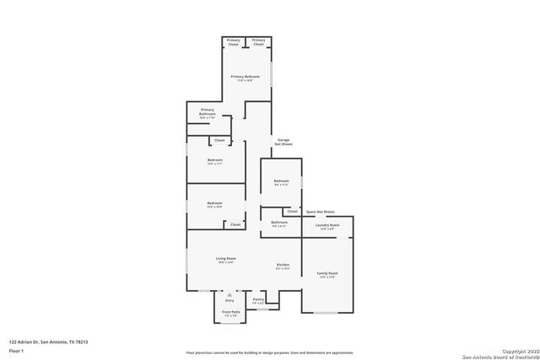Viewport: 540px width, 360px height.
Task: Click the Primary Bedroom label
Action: [x=245, y=78]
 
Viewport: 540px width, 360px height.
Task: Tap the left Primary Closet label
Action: [x=234, y=41]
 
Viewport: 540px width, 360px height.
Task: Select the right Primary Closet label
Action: [x=259, y=41]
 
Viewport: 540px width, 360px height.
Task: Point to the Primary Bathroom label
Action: [x=208, y=111]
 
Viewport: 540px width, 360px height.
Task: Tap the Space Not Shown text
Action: [x=320, y=212]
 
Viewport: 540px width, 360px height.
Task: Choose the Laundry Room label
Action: [x=327, y=225]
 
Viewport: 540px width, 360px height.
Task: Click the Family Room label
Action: [x=327, y=274]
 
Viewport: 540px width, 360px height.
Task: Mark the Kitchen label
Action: [x=283, y=266]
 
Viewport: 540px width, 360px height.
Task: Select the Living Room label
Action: [x=226, y=260]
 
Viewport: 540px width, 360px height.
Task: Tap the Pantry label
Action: [x=258, y=299]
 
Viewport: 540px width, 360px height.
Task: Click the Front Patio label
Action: [x=230, y=313]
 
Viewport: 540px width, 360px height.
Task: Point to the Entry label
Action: [x=229, y=299]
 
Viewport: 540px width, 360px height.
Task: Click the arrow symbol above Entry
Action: [x=229, y=293]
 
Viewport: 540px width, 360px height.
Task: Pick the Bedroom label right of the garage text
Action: [x=281, y=182]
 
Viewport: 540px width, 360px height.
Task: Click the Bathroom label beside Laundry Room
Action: [x=279, y=223]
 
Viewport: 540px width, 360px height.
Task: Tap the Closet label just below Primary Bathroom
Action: [x=219, y=140]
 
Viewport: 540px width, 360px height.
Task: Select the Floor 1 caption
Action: [x=16, y=350]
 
